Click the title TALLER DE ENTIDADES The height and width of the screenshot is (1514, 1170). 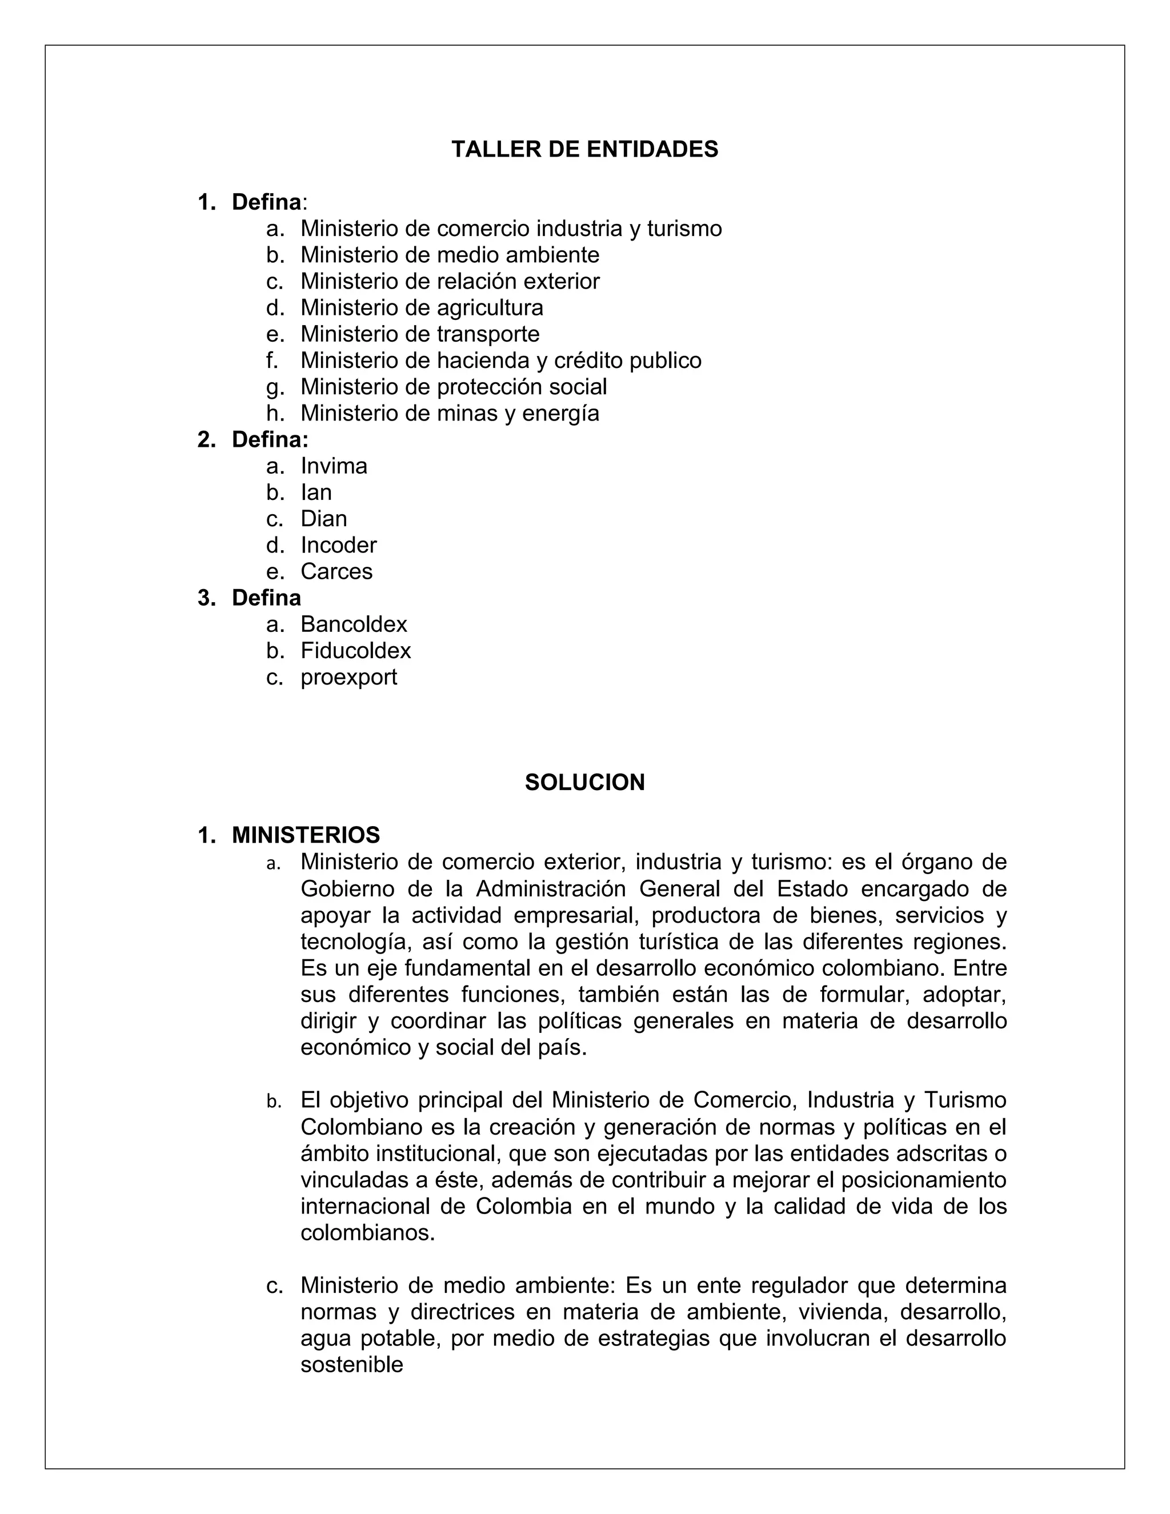point(584,149)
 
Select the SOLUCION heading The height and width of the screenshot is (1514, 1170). point(584,782)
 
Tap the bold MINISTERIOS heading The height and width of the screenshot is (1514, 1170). point(306,835)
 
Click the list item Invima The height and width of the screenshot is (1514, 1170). point(334,466)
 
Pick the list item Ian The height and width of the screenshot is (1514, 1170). point(316,492)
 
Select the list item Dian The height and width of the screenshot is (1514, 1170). point(324,519)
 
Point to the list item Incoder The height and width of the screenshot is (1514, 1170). point(338,545)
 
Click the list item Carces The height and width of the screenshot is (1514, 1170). point(336,571)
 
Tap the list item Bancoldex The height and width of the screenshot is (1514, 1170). point(354,624)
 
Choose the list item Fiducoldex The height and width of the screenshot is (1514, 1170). point(355,650)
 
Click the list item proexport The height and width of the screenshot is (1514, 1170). point(348,676)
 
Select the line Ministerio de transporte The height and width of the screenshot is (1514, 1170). point(419,334)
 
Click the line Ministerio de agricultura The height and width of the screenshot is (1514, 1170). point(422,308)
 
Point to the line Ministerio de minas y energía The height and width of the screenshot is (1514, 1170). point(449,413)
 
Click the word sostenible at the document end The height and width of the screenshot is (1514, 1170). point(351,1364)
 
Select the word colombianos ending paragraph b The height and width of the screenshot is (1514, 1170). point(367,1232)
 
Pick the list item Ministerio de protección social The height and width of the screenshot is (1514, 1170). point(453,387)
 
